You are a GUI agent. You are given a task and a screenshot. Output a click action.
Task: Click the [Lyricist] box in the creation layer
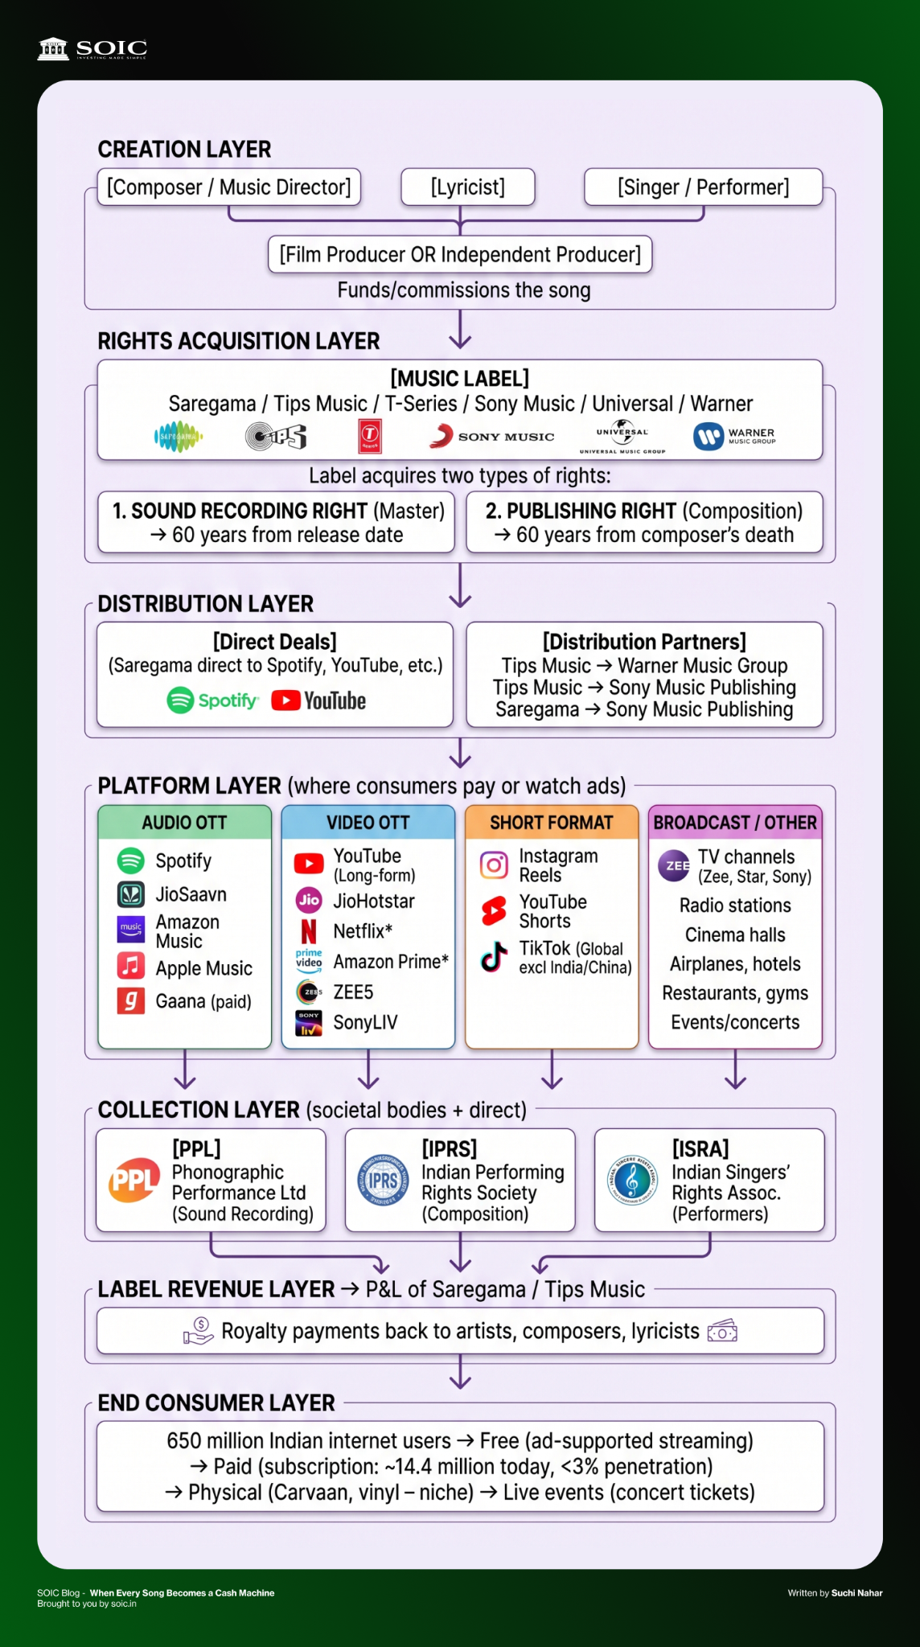468,187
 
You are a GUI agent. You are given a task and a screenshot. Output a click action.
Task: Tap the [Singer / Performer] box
703,187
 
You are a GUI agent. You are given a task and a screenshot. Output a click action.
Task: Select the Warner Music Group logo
734,437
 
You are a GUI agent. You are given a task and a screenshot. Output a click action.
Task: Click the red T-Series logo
370,437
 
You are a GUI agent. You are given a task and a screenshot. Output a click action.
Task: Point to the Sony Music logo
491,437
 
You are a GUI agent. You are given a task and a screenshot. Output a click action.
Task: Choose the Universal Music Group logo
622,437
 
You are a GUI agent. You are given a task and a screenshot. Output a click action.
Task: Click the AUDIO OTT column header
184,822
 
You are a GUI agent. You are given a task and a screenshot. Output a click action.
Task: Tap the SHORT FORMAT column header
552,822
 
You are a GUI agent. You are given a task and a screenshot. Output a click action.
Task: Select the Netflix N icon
309,931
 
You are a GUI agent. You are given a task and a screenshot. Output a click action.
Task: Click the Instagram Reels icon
494,865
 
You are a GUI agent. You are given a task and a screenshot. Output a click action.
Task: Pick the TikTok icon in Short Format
494,957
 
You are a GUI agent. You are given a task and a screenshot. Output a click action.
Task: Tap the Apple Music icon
131,965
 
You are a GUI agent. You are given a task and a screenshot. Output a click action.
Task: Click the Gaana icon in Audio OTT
131,1001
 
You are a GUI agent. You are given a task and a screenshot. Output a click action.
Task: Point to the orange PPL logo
134,1180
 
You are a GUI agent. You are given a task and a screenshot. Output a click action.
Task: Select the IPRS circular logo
383,1180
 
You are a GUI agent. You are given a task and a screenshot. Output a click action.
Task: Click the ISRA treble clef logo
632,1180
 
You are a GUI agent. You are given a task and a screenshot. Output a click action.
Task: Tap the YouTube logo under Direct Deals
318,700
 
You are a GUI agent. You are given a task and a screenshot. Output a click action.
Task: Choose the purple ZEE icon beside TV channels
674,865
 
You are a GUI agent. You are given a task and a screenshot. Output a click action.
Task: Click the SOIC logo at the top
92,49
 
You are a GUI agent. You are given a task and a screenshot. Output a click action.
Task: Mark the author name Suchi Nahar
857,1593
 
